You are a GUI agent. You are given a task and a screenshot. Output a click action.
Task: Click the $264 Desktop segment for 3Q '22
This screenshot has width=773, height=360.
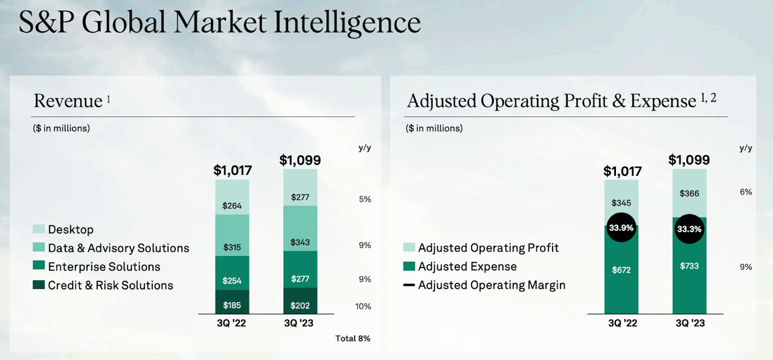[232, 205]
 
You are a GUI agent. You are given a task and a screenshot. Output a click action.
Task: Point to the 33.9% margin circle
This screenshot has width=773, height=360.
[621, 228]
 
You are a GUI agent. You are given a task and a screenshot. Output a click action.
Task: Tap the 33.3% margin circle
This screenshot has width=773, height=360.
[689, 229]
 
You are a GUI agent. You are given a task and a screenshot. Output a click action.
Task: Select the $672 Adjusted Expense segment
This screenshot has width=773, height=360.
[621, 270]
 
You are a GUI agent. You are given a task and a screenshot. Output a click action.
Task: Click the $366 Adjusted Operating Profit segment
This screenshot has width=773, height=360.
[689, 193]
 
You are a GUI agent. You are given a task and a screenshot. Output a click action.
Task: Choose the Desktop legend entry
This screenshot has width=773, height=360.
[71, 230]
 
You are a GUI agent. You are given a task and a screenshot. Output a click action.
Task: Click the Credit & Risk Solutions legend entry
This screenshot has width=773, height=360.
[111, 285]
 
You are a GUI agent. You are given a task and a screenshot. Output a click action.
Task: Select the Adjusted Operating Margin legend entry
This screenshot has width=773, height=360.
[492, 284]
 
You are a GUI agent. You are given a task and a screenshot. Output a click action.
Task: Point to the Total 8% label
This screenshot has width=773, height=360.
[353, 338]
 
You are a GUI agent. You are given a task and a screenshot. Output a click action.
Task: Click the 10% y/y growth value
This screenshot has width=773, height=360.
[363, 306]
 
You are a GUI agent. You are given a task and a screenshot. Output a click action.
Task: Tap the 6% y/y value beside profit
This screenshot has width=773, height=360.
[746, 191]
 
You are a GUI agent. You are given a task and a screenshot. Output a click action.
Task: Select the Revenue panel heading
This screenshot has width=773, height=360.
[68, 101]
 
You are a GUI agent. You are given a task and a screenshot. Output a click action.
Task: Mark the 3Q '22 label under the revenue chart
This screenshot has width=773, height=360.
[232, 323]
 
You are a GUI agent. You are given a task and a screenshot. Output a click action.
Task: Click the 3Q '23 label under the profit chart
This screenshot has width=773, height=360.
[689, 323]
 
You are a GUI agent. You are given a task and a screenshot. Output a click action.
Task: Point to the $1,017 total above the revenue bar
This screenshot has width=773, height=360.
[233, 170]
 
